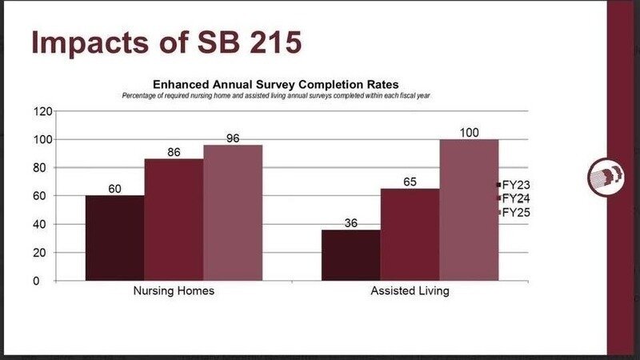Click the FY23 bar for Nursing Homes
114,238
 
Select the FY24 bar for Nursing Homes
174,219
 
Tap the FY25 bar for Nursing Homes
233,212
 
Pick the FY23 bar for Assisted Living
350,254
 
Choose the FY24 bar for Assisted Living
410,234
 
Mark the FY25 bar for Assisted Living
469,210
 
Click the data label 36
350,223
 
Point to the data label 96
233,138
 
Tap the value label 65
410,182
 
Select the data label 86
174,152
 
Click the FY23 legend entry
512,185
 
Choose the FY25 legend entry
512,212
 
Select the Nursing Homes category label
174,291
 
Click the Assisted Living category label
410,291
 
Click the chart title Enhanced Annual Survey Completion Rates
275,84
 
